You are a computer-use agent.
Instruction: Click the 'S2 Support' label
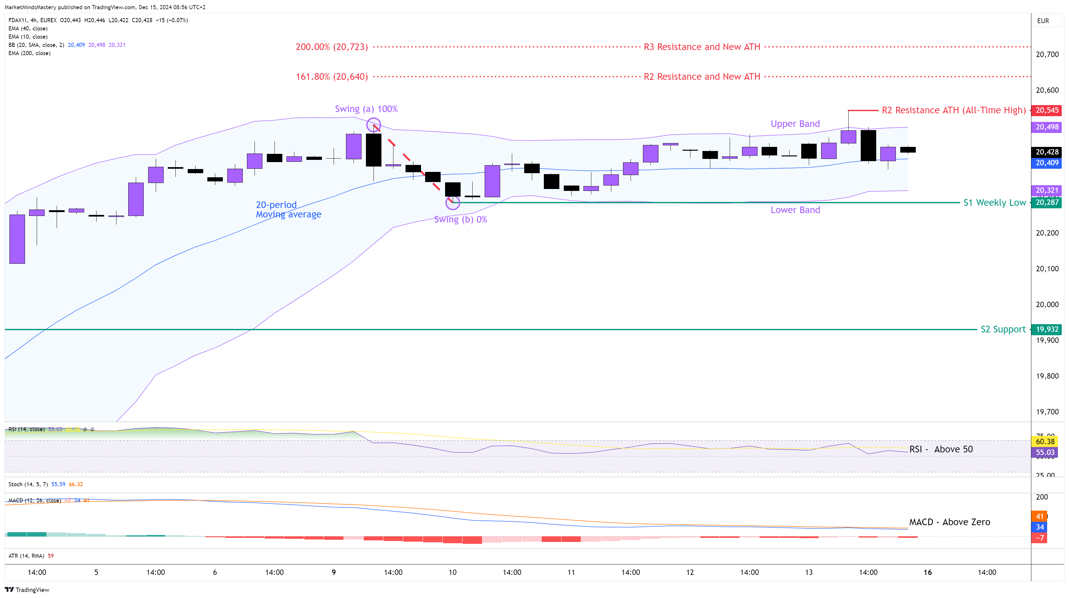1003,330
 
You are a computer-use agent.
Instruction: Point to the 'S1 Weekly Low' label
994,203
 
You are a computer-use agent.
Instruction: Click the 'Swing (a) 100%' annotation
366,109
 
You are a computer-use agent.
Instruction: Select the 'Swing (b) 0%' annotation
460,219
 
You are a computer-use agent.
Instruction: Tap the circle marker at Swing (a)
374,125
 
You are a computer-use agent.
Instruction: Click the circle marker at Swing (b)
452,203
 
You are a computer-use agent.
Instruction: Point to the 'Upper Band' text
795,124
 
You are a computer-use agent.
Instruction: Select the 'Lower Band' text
795,210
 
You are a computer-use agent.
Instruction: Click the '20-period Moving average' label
288,210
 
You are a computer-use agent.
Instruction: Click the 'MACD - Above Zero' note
949,522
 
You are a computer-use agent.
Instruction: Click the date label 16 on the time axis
928,572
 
